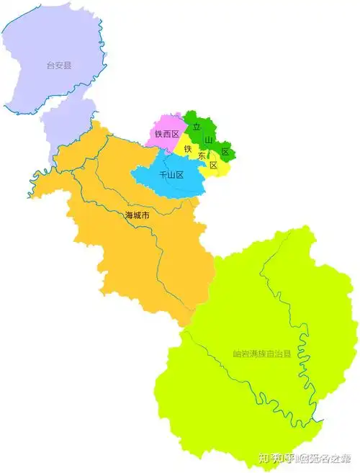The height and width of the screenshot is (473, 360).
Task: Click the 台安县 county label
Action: pyautogui.click(x=60, y=65)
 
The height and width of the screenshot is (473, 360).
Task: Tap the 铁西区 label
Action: pyautogui.click(x=166, y=134)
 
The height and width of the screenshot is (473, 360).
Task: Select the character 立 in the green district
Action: pyautogui.click(x=195, y=127)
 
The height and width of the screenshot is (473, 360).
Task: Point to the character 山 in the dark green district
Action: pyautogui.click(x=209, y=139)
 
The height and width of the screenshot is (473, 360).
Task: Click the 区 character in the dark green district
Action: pyautogui.click(x=225, y=151)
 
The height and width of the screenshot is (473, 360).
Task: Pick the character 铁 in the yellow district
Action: pyautogui.click(x=188, y=148)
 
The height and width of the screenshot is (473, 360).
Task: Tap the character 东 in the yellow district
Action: pyautogui.click(x=202, y=156)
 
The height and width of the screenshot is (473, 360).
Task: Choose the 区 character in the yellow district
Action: pyautogui.click(x=213, y=165)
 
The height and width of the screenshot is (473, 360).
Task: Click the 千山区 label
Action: pyautogui.click(x=171, y=175)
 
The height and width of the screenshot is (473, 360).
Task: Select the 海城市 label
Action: pyautogui.click(x=137, y=215)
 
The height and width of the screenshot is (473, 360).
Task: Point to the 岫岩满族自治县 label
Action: pyautogui.click(x=261, y=353)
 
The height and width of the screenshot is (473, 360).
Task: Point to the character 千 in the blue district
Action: pyautogui.click(x=163, y=175)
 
